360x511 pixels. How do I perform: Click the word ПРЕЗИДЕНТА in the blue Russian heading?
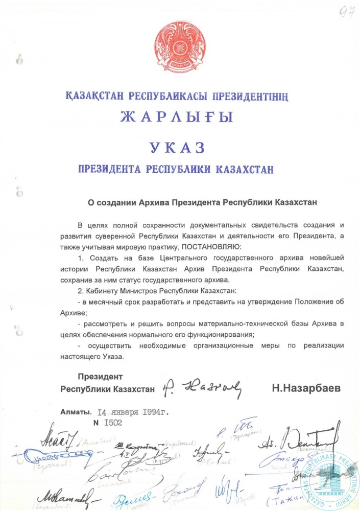click(110, 169)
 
